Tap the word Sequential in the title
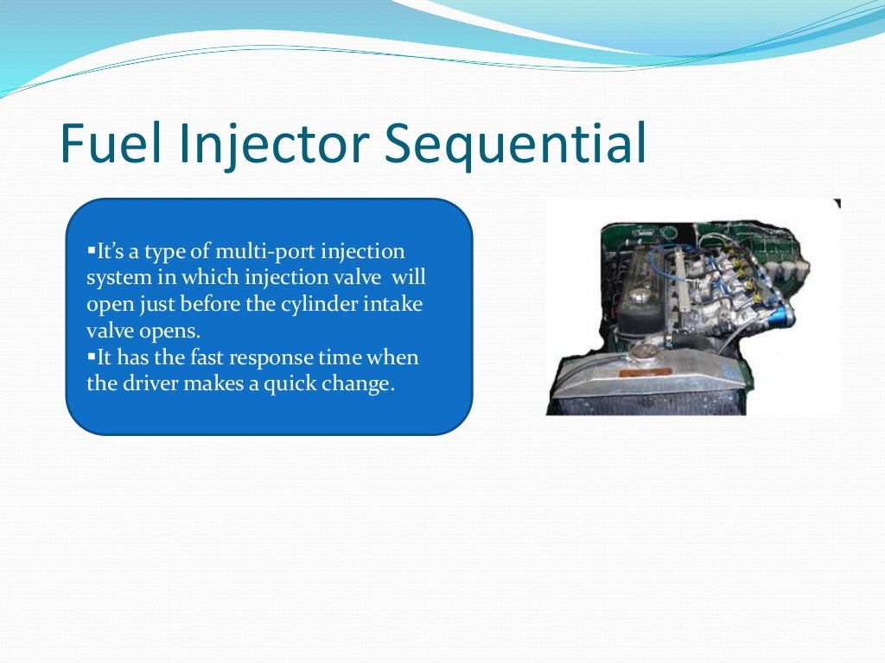(516, 144)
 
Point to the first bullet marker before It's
(91, 251)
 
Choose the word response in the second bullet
(271, 358)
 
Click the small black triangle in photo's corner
(836, 204)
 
